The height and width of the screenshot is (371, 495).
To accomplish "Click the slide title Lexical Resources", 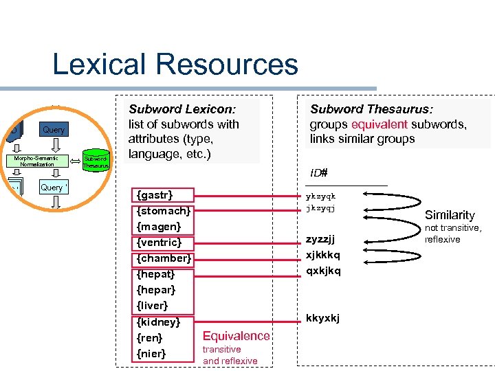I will coord(175,65).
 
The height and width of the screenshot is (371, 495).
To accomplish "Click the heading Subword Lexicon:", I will coord(183,109).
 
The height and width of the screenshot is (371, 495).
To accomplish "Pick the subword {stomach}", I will coord(164,211).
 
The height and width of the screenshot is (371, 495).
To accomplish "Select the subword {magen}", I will coord(159,227).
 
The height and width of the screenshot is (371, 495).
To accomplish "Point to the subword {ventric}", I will coord(159,243).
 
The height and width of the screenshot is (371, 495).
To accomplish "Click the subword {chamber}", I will coord(164,258).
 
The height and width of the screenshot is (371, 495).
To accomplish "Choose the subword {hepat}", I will coord(157,274).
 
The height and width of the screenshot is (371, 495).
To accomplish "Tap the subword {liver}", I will coord(153,305).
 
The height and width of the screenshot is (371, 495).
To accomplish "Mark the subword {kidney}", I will coord(159,322).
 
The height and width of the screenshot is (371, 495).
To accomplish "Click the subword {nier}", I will coord(151,353).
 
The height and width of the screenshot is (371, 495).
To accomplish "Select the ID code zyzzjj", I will coord(320,239).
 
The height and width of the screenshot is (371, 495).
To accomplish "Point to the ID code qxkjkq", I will coord(322,270).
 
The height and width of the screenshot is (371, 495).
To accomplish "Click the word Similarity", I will coord(450,215).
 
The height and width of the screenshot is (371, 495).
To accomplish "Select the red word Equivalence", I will coord(236,335).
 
